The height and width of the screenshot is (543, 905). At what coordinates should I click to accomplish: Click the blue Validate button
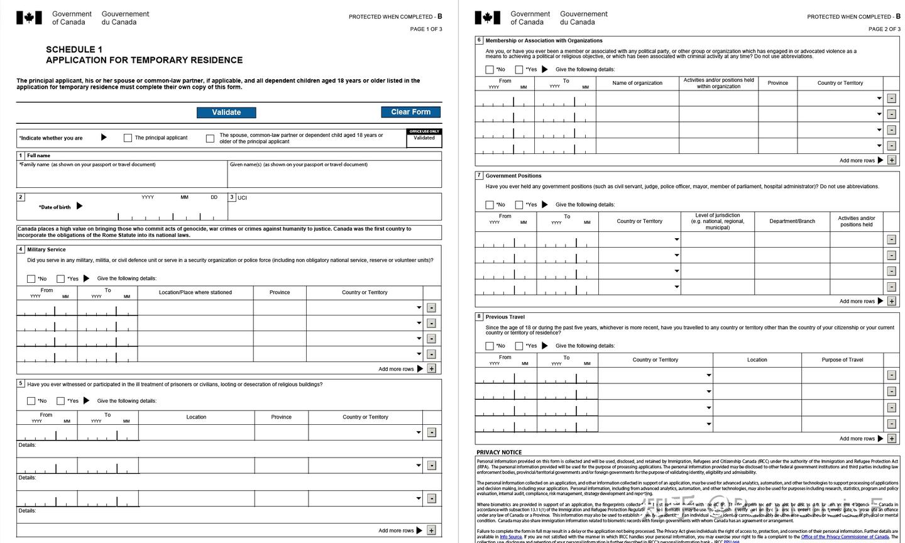pos(226,112)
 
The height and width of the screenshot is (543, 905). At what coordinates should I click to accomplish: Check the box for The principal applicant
pos(128,138)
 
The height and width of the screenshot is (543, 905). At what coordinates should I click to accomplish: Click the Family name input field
pos(122,178)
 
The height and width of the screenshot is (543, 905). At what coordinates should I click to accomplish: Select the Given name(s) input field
pos(334,178)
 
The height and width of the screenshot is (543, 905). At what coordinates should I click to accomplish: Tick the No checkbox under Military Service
pos(31,278)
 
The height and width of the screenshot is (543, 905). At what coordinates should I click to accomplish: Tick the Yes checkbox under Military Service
pos(61,278)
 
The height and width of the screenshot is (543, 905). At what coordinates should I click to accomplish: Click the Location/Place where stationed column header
pos(195,292)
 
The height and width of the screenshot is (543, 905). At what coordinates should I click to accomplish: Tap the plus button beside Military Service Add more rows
pos(432,369)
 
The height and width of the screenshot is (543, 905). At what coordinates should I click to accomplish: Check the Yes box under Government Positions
pos(519,205)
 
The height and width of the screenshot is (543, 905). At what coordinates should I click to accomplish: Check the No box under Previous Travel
pos(490,346)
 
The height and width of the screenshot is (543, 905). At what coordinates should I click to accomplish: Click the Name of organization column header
pos(637,83)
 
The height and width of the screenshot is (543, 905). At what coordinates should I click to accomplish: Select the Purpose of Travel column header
pos(842,360)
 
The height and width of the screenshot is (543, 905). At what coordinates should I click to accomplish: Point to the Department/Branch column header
pos(792,221)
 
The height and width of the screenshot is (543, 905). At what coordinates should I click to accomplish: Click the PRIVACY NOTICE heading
pos(499,452)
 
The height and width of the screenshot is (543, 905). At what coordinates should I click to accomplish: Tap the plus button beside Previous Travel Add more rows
pos(891,439)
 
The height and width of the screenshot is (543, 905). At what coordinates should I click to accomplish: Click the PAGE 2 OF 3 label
pos(884,29)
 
